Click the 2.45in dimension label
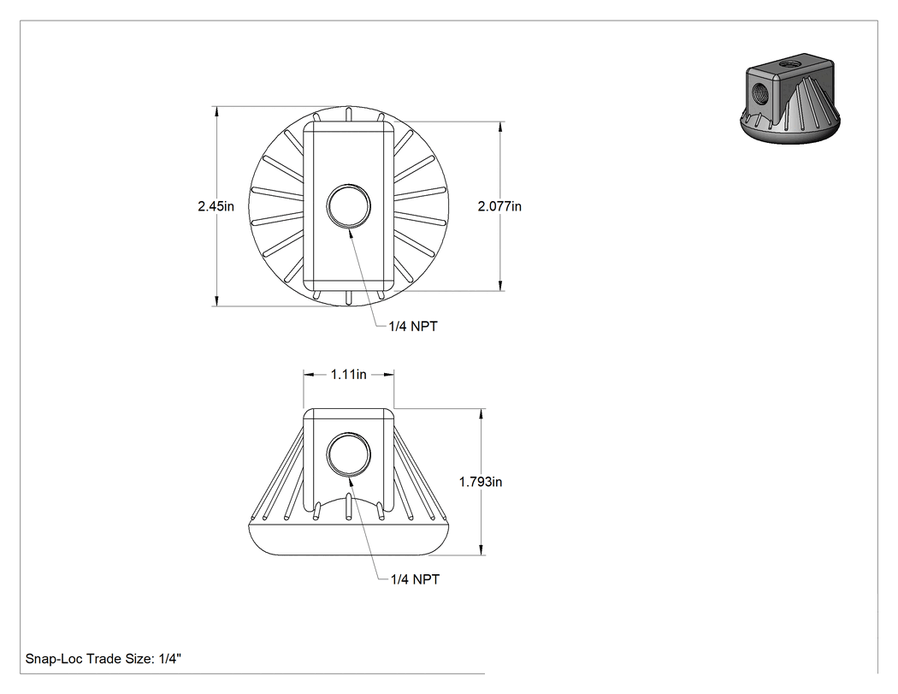coord(216,206)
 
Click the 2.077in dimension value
coord(499,206)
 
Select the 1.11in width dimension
coord(348,375)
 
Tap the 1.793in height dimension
coord(481,482)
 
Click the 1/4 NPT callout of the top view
coord(413,327)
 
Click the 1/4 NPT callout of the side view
coord(415,579)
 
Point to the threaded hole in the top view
coord(349,205)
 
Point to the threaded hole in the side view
coord(349,454)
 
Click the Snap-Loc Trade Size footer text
coord(103,659)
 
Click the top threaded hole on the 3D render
coord(794,60)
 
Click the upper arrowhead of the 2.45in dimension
coord(216,111)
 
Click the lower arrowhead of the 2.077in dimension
coord(500,286)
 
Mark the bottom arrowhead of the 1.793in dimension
coord(481,550)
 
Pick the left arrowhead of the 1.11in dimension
coord(308,375)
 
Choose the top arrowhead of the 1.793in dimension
coord(481,414)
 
